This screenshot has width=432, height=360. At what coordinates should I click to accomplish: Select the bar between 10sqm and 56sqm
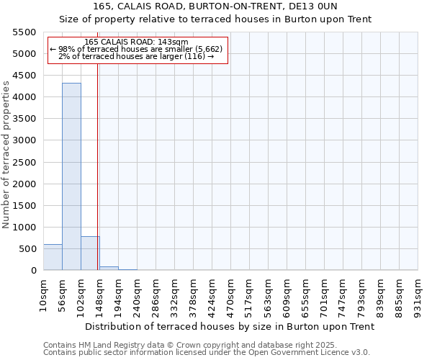pyautogui.click(x=53, y=257)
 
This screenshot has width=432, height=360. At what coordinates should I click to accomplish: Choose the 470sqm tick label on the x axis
pyautogui.click(x=231, y=294)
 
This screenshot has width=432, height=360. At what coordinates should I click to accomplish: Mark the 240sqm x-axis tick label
pyautogui.click(x=138, y=294)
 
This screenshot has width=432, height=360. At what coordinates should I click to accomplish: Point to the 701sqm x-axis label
pyautogui.click(x=325, y=294)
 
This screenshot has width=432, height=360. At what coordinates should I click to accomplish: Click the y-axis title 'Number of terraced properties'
pyautogui.click(x=6, y=155)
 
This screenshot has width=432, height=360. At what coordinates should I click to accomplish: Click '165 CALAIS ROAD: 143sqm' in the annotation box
pyautogui.click(x=136, y=42)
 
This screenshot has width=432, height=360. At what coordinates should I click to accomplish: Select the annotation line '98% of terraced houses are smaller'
pyautogui.click(x=136, y=49)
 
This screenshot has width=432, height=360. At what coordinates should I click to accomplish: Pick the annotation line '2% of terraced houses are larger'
pyautogui.click(x=136, y=56)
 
